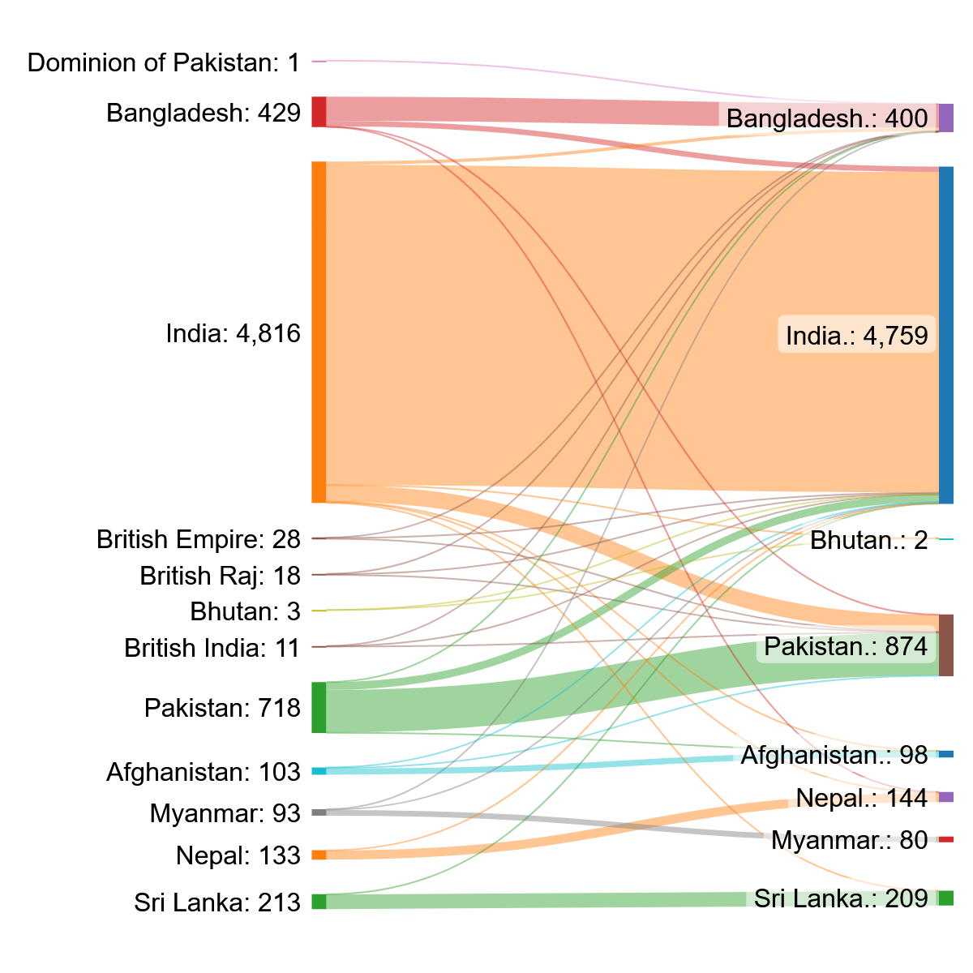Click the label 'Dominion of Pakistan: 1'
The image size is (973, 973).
point(164,62)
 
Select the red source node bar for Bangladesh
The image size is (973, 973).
point(319,112)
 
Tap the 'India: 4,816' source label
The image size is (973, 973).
point(233,333)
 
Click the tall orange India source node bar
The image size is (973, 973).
point(319,332)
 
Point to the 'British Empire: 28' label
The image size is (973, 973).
point(198,539)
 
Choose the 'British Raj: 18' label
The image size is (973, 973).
point(220,576)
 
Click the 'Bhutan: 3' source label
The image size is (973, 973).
point(245,611)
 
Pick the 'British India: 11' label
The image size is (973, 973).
point(212,648)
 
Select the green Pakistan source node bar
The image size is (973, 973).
point(319,708)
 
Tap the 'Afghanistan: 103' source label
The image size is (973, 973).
point(203,772)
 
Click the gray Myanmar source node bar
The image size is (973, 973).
point(319,812)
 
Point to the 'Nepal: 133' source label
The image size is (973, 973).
point(238,855)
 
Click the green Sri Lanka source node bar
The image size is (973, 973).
point(319,901)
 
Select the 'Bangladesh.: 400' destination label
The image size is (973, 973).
point(827,119)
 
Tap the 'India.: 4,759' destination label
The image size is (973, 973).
point(856,335)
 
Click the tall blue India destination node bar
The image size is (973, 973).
point(945,335)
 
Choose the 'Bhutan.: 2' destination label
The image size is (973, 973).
point(868,540)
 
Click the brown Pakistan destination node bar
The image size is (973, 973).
point(945,645)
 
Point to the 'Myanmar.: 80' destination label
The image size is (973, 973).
point(849,840)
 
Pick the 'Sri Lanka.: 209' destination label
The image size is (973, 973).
point(841,898)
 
